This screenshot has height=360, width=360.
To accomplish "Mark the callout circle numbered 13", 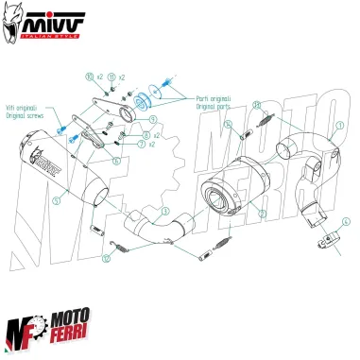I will (106, 256).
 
